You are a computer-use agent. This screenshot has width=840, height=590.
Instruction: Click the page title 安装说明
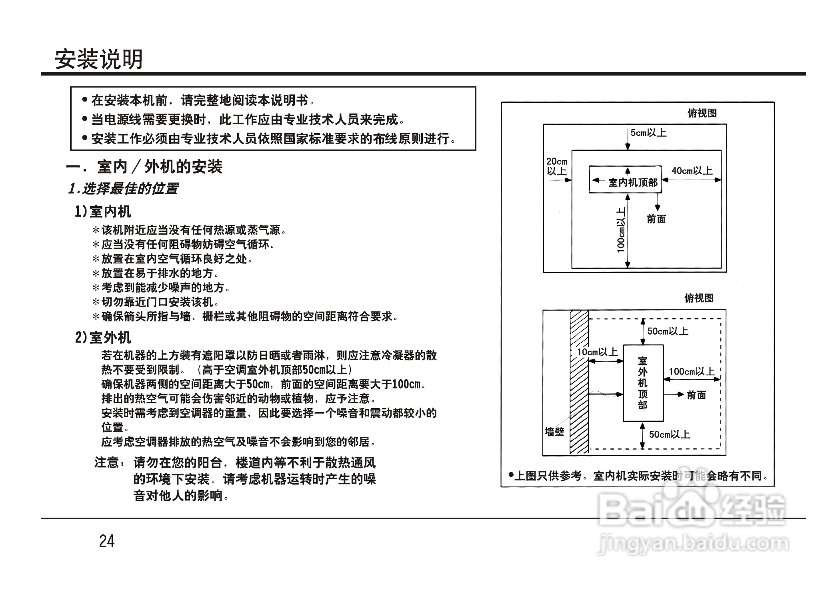[98, 60]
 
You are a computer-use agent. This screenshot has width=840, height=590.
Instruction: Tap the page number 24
[107, 541]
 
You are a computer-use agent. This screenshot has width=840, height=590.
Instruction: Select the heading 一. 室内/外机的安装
[144, 167]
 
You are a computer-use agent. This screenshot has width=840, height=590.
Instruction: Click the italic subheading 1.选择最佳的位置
[123, 188]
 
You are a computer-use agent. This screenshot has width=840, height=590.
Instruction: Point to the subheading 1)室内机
[103, 211]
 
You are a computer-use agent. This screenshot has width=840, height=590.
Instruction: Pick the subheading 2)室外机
[103, 338]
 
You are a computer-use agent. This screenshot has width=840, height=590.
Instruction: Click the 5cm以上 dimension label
[648, 133]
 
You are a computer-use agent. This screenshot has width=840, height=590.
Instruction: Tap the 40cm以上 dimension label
[692, 171]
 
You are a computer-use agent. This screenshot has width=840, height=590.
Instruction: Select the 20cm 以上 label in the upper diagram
[557, 166]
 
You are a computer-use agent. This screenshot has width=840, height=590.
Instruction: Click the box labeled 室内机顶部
[625, 180]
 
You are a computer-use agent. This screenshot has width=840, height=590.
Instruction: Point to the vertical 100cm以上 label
[621, 230]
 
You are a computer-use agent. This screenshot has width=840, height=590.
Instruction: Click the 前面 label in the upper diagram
[656, 219]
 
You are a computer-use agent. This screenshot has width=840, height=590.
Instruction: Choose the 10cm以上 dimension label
[598, 352]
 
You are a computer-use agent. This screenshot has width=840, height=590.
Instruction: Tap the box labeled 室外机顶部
[643, 383]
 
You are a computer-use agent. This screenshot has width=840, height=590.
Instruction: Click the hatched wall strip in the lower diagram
[579, 382]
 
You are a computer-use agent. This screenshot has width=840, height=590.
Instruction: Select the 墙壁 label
[554, 432]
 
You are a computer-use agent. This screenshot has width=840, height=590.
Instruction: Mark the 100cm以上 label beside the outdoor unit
[692, 371]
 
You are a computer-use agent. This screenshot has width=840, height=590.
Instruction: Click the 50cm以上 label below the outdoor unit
[670, 434]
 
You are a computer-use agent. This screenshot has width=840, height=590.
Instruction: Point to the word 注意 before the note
[107, 462]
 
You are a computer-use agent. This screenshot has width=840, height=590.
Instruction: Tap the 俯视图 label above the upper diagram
[702, 113]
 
